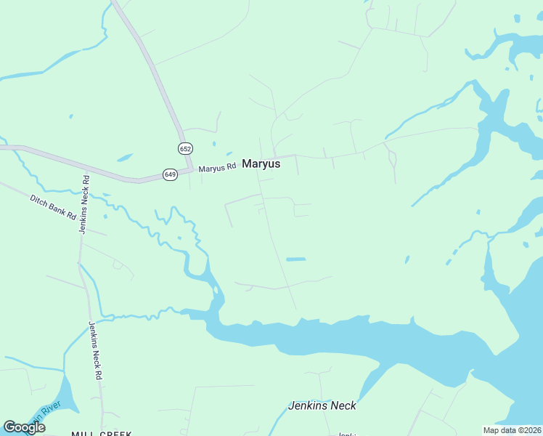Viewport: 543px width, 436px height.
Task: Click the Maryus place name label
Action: [261, 164]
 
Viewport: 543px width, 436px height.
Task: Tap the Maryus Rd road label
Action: [218, 167]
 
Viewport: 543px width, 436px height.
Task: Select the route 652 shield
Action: [185, 148]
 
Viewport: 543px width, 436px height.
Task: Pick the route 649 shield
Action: [170, 174]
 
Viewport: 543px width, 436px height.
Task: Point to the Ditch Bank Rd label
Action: [53, 207]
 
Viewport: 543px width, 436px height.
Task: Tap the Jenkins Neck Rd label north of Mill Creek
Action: [95, 352]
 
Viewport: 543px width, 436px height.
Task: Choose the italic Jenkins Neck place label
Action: [322, 405]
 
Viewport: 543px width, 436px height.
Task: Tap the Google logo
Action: [24, 427]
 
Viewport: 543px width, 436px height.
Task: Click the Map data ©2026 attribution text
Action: [513, 430]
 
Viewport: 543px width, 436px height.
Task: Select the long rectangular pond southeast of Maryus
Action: [295, 259]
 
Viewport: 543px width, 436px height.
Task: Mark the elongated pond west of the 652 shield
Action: [125, 157]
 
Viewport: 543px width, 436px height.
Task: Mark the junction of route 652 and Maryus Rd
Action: [191, 169]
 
